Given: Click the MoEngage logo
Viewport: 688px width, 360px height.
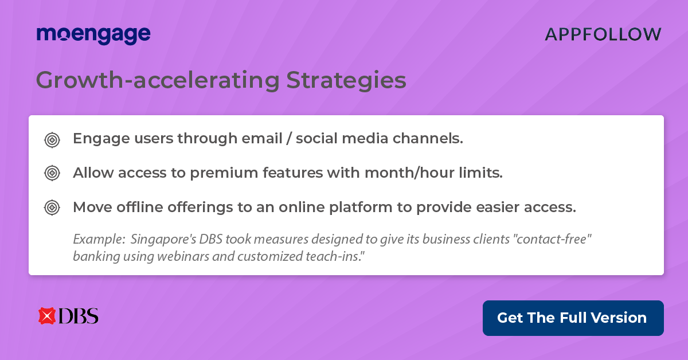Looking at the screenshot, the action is point(93,35).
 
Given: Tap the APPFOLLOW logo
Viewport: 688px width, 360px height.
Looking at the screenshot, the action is point(603,34).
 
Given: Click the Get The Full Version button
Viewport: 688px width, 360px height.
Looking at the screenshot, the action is point(573,318).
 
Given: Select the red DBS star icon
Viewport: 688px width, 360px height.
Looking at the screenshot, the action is point(46,316).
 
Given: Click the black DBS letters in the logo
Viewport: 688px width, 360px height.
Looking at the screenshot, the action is point(79,316).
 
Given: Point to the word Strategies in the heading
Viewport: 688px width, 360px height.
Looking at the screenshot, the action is point(346,80).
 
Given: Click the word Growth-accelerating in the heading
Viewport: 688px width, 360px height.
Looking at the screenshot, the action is point(158,80).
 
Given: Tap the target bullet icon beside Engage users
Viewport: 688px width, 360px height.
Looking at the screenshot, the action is point(52,140).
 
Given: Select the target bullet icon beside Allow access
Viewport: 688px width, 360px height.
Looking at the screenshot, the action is point(52,173).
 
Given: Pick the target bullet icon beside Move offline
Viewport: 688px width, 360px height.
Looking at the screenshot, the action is point(52,208).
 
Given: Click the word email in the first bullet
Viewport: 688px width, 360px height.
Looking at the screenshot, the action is point(261,138).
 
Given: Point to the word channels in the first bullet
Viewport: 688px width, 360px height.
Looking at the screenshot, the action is point(428,138).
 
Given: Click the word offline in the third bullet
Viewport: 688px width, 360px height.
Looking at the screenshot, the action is point(140,207).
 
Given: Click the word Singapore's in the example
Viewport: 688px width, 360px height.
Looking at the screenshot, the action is point(163,240).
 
